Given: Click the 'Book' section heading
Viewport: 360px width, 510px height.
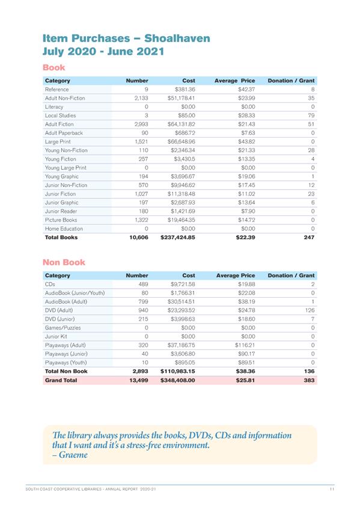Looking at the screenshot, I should tap(53, 68).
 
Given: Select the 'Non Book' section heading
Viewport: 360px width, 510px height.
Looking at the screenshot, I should tap(64, 262).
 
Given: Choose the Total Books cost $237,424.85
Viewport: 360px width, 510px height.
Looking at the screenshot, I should tap(174, 237).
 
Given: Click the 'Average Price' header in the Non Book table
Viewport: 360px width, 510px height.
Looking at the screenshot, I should tap(237, 275).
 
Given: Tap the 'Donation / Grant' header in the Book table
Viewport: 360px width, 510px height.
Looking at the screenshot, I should tap(291, 81).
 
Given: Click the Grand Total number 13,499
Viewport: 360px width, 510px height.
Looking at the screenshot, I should tap(136, 380).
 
